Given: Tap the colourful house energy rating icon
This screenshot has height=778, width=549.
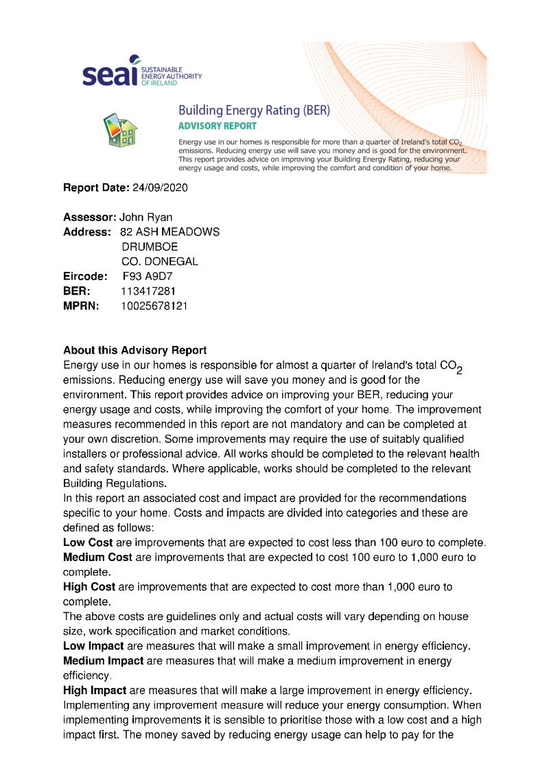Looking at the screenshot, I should pos(121,130).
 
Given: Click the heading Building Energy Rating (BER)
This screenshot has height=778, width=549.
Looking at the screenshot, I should pos(254,110).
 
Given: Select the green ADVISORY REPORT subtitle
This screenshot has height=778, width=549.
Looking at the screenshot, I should pos(217,126).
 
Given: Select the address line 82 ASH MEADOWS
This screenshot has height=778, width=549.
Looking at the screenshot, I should pos(170,232).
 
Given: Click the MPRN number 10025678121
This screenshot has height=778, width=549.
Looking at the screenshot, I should pos(154,306).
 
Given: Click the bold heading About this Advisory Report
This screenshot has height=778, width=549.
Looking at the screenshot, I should pos(135,350).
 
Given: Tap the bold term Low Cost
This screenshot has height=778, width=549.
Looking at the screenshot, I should pos(88,542).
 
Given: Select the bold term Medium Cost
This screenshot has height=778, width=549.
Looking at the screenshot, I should pos(98,557).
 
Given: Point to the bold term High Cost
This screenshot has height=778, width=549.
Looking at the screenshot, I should pos(89,587).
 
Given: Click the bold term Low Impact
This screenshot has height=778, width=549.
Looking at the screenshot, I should pos(93,646).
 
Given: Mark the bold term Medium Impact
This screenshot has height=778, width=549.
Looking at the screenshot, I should pos(103,661).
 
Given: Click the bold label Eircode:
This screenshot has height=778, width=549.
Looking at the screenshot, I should pos(85,276).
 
